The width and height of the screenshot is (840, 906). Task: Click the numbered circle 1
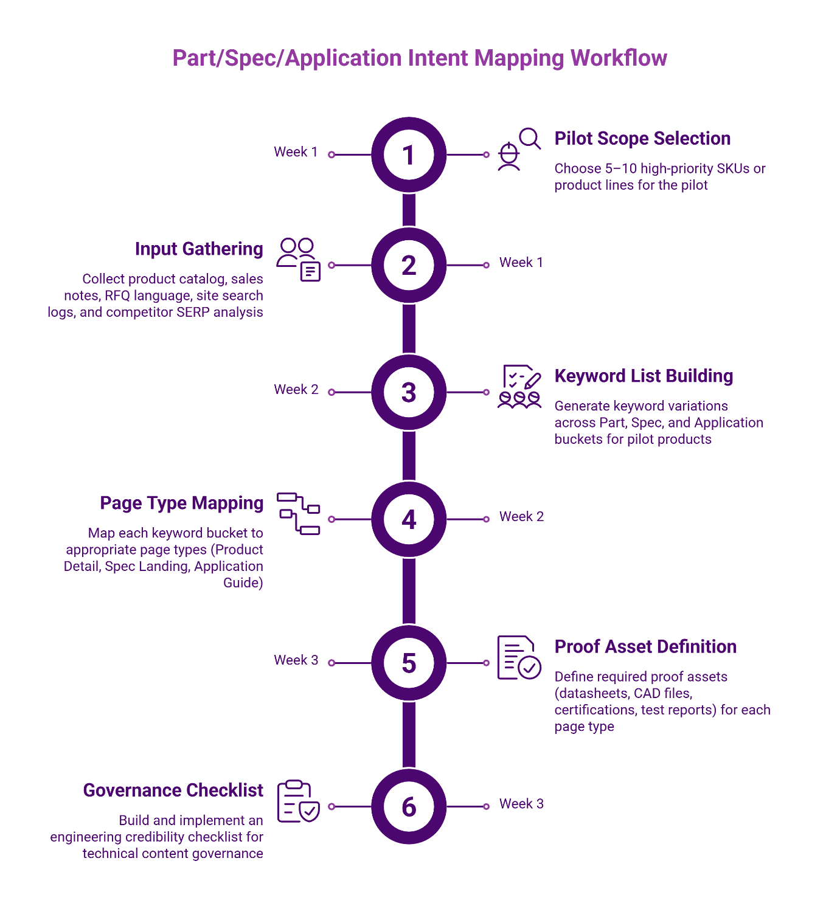409,155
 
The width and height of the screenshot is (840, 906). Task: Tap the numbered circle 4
409,519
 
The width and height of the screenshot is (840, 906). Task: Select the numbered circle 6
409,806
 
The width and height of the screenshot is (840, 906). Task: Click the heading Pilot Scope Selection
642,139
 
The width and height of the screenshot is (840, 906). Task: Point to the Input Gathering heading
199,249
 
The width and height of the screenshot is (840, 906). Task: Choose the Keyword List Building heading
644,376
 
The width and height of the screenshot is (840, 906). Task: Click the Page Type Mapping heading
182,503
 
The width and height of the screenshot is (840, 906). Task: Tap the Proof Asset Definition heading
645,647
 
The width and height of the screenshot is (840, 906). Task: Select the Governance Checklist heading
173,790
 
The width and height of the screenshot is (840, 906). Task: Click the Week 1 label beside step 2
521,263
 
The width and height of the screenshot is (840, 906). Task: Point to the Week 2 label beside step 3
296,390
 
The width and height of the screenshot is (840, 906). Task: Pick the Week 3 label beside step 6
521,804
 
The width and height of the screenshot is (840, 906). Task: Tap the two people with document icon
298,260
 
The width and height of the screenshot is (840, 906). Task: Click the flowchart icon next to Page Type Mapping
298,514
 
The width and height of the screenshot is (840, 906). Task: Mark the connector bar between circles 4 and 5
409,591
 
